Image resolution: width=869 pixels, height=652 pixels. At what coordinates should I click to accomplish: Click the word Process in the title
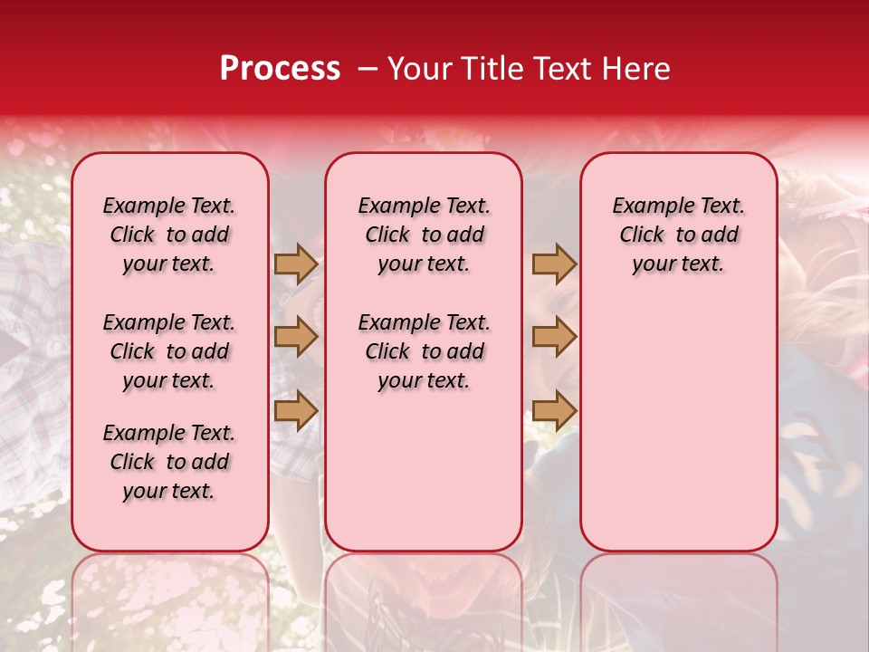pos(280,69)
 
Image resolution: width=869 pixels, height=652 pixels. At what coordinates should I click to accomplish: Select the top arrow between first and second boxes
pos(296,264)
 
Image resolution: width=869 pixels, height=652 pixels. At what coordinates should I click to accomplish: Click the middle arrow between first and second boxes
pos(296,337)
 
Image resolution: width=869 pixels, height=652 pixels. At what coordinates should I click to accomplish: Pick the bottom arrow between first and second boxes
pos(296,410)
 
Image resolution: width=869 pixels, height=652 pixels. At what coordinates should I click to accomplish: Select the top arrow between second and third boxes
pos(554,264)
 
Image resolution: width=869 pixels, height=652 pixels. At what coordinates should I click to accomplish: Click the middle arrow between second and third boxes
pos(554,337)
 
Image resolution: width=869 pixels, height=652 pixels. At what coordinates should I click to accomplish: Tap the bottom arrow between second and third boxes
pos(554,410)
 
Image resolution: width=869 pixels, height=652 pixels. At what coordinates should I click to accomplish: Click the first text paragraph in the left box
pos(169,235)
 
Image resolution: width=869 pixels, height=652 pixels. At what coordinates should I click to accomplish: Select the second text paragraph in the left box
pos(169,351)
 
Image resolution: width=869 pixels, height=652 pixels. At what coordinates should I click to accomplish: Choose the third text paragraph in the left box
pos(169,462)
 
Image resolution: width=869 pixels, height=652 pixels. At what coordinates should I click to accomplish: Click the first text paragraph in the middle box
pos(424,235)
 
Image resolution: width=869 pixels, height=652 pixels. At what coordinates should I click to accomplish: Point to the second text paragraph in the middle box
pos(424,351)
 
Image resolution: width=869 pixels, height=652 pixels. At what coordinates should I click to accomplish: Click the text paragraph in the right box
pos(678,235)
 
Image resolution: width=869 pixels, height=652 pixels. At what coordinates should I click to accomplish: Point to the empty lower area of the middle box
pos(424,471)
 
